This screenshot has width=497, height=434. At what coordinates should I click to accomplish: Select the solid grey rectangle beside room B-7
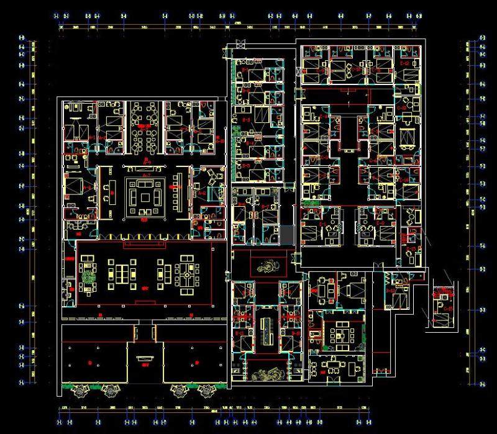[286, 235]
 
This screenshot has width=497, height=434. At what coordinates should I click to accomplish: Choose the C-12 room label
[404, 63]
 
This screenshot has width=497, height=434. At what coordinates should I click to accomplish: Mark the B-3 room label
[246, 120]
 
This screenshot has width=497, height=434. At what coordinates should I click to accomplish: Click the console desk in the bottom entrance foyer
[145, 358]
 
